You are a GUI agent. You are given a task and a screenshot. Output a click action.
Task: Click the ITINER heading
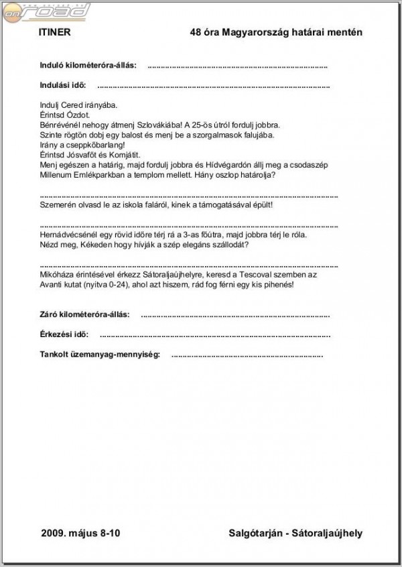[x=54, y=32]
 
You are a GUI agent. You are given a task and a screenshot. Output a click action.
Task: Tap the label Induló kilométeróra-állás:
[x=89, y=66]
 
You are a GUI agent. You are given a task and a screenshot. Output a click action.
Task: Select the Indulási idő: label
[x=64, y=86]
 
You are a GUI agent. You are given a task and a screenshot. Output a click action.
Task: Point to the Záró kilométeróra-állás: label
[x=86, y=314]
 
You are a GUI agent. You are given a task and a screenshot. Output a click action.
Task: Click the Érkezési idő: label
[x=64, y=334]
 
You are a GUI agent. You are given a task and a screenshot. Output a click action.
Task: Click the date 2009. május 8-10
[x=80, y=533]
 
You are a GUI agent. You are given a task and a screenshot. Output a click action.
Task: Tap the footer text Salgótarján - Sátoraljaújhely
[x=295, y=533]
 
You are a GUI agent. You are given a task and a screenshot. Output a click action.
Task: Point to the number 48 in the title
[x=196, y=32]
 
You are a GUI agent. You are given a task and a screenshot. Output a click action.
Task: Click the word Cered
[x=71, y=105]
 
